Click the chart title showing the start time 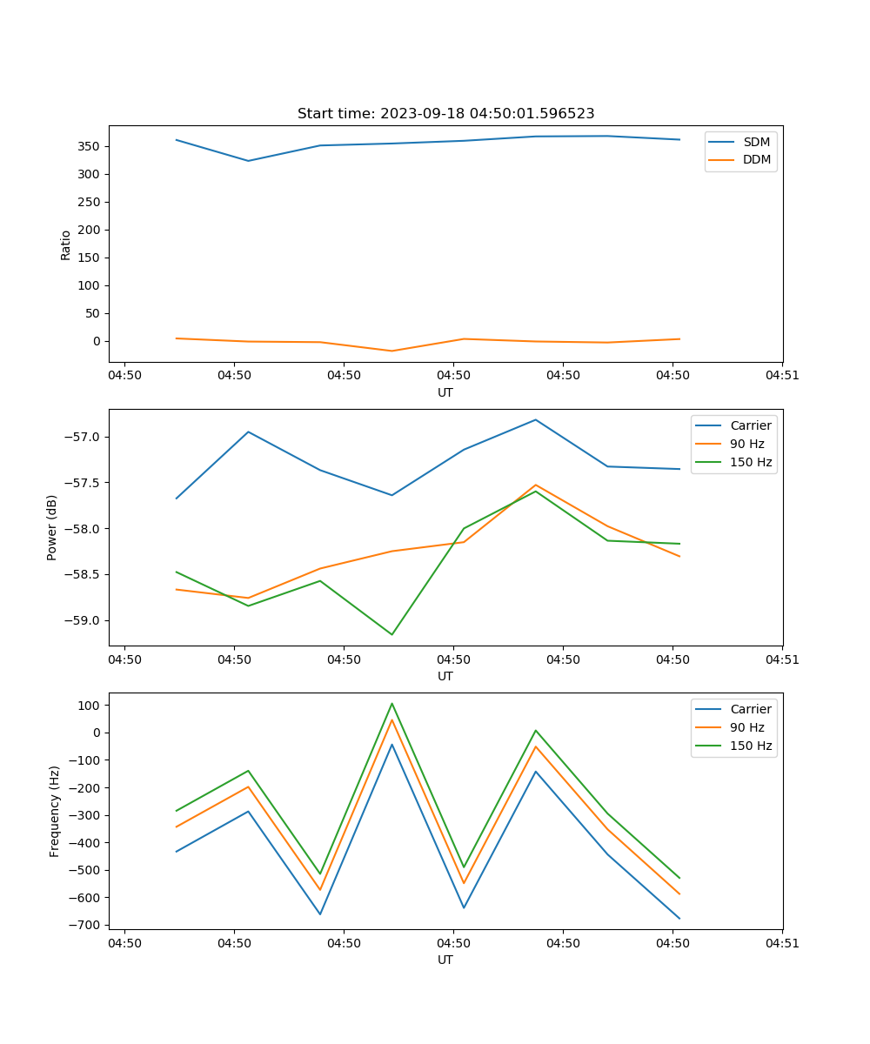445,114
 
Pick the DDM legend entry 756,159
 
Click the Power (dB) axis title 52,527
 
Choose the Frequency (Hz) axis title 55,811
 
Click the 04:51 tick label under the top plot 782,376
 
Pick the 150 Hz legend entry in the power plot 751,462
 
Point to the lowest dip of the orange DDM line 391,351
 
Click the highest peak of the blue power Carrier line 535,419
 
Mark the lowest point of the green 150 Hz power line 391,634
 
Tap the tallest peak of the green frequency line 391,703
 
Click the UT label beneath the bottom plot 445,960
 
